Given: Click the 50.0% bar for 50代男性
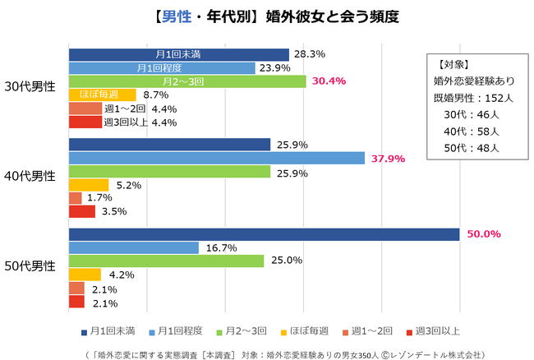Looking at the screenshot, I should [x=264, y=234].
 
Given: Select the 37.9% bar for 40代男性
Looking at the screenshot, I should [x=217, y=158].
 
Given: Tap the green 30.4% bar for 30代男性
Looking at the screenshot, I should [x=187, y=81].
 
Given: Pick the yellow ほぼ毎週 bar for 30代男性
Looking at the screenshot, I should [x=102, y=95].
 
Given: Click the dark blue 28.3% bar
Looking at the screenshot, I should [x=179, y=54].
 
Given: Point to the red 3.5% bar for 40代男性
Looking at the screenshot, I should [x=82, y=212].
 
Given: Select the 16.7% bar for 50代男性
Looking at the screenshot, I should [x=134, y=247].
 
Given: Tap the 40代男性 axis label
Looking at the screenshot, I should [x=30, y=176].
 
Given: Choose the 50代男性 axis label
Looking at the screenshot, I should [x=30, y=265].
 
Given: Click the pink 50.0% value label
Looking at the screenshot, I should [x=484, y=234].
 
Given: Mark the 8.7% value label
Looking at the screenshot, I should [x=156, y=95].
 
